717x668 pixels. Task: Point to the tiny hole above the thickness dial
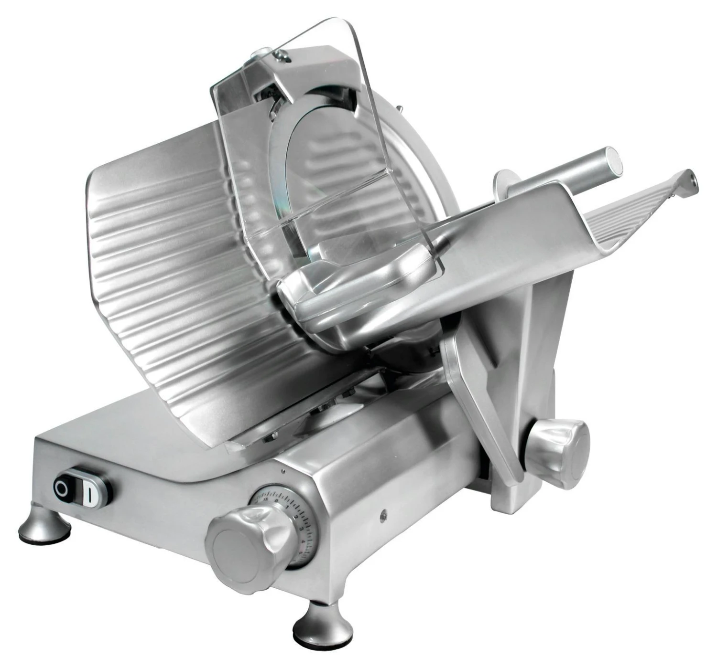(284, 471)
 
